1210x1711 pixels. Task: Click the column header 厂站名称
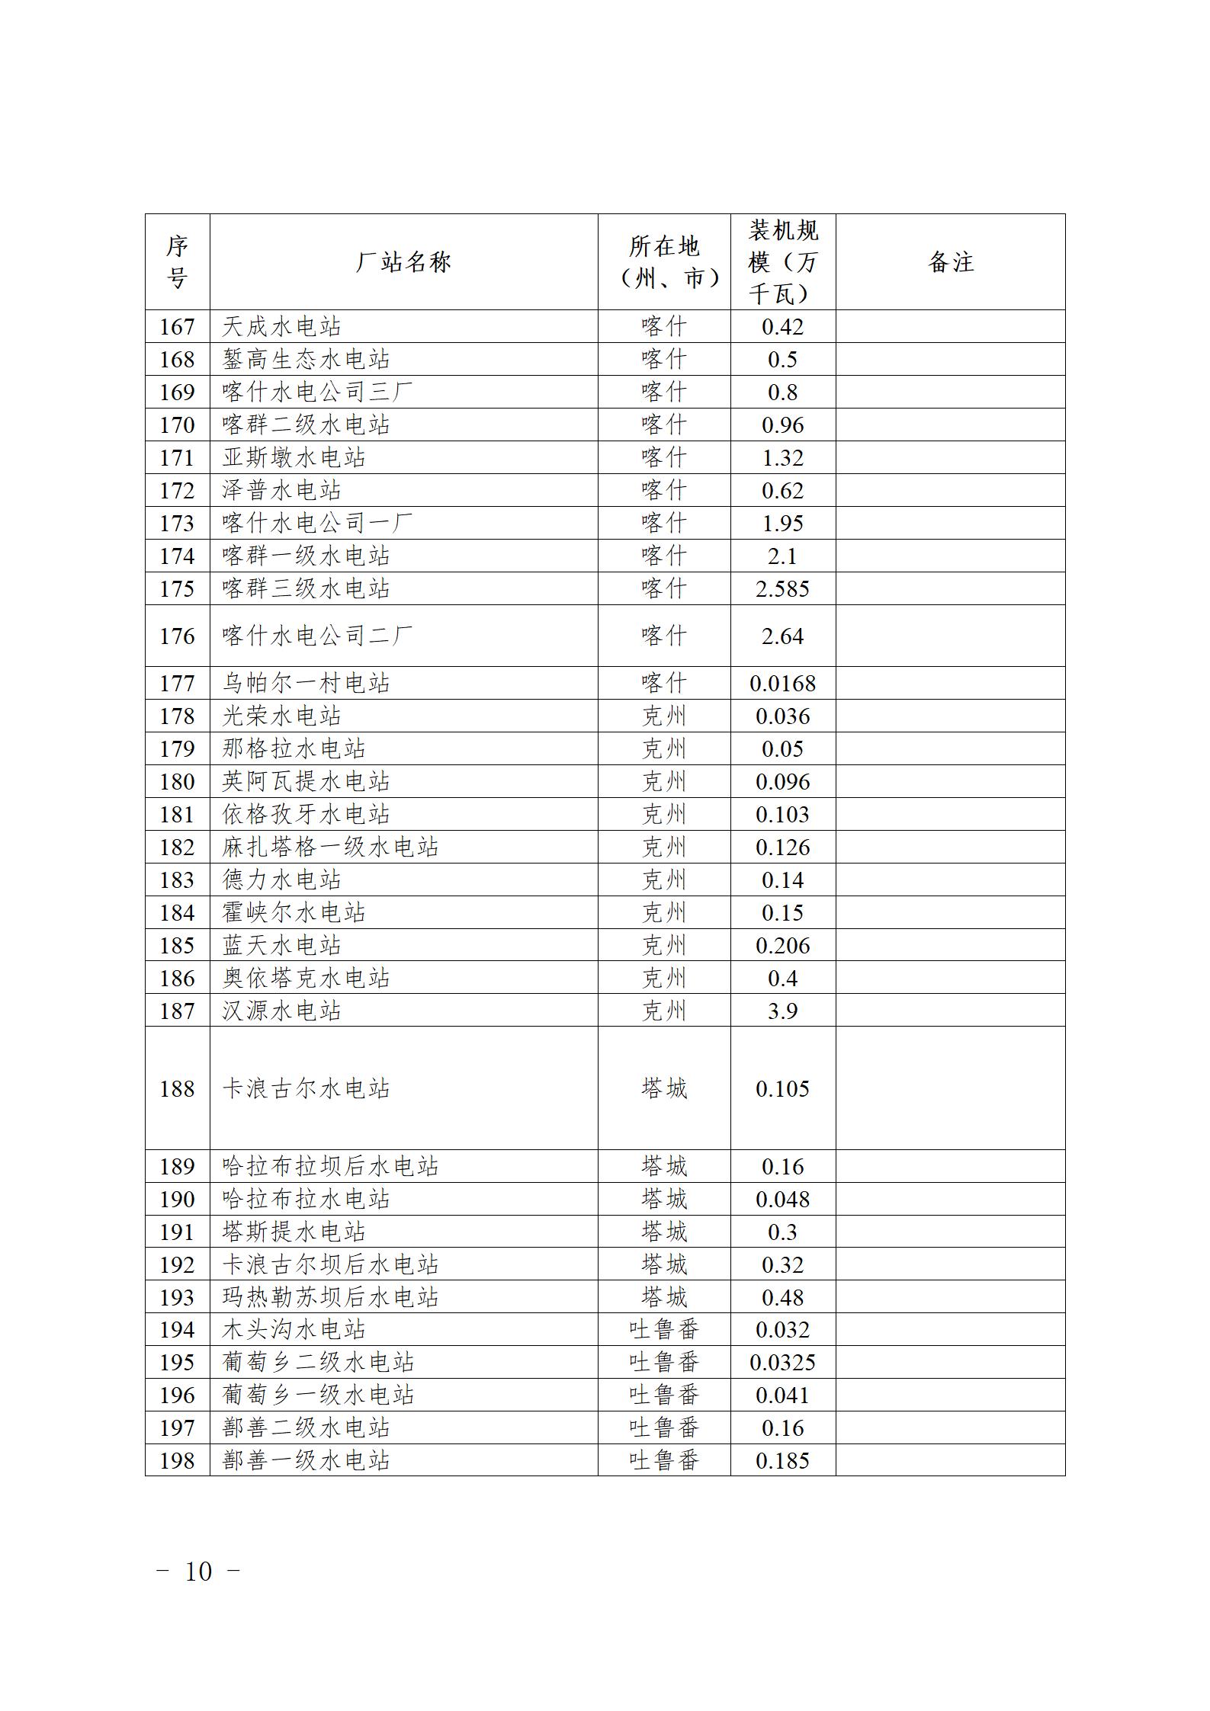403,262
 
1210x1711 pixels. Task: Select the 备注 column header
950,262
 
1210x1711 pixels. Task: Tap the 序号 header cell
177,262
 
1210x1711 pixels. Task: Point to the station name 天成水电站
281,327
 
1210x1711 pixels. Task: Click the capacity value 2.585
782,589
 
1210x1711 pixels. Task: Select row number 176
177,636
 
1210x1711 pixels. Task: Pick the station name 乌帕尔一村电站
306,684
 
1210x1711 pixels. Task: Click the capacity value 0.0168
782,684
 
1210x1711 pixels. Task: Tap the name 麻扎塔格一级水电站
330,847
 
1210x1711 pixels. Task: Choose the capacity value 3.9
782,1011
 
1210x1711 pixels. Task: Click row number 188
177,1089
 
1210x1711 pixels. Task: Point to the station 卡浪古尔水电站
306,1089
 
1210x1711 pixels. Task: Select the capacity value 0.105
782,1089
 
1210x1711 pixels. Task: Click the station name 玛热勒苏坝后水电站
330,1298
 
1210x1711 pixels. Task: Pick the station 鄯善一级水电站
306,1461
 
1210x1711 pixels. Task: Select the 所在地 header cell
663,262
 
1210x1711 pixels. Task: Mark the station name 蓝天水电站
281,946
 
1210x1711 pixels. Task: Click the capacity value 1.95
782,524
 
